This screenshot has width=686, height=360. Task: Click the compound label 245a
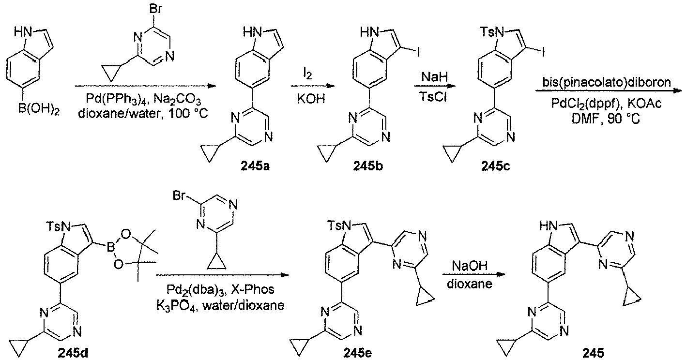[x=255, y=166]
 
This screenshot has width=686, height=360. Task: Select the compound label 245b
[x=368, y=166]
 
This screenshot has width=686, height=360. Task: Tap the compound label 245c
[x=496, y=166]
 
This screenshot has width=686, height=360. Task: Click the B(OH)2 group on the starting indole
[x=39, y=109]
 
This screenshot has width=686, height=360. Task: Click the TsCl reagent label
[x=434, y=97]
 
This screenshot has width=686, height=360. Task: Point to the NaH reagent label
[x=434, y=77]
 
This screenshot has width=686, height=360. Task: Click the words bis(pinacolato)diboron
[x=607, y=82]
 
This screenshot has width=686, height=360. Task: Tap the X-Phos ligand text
[x=253, y=289]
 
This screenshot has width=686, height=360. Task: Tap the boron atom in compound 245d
[x=110, y=247]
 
